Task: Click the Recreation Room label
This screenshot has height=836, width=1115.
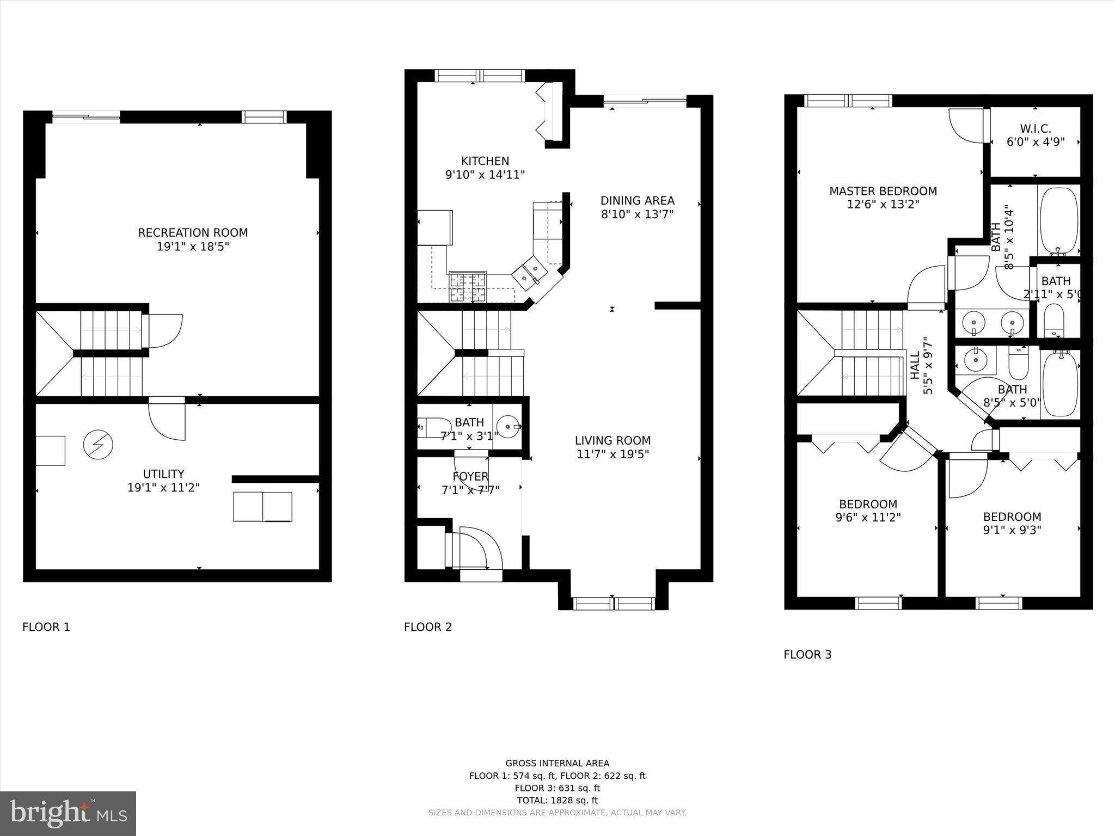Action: click(193, 233)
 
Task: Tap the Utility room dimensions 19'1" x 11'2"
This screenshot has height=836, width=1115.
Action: click(163, 488)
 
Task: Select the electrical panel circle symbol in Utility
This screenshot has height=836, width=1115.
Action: click(98, 445)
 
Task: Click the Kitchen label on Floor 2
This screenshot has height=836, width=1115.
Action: click(485, 161)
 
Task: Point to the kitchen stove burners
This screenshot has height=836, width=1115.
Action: click(468, 287)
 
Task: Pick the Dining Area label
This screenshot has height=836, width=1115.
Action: click(638, 200)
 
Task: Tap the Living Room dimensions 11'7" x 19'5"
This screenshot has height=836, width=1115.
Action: click(613, 454)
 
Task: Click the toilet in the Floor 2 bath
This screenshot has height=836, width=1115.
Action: click(434, 427)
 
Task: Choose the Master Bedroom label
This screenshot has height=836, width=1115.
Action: click(883, 191)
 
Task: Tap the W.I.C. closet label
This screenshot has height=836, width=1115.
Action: click(1036, 129)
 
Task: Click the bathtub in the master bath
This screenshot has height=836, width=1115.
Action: click(1059, 221)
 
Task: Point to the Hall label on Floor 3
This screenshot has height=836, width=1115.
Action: click(915, 365)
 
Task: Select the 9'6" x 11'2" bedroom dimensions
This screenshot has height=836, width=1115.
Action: click(868, 518)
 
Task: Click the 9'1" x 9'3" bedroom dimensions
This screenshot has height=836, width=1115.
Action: click(1012, 530)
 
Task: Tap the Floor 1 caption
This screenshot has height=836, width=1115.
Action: click(46, 627)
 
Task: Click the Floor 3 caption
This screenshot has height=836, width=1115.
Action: click(807, 655)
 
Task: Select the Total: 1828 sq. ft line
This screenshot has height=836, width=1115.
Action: click(557, 800)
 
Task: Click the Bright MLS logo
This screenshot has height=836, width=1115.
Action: click(68, 814)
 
